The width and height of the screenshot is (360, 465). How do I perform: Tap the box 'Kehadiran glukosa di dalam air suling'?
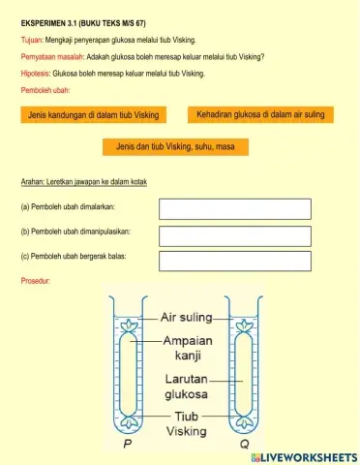(x=260, y=114)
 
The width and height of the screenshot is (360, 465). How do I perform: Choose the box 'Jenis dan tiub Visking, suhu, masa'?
(x=175, y=147)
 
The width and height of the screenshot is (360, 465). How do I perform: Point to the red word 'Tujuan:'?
(x=32, y=40)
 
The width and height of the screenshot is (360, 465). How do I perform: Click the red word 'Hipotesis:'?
(x=37, y=73)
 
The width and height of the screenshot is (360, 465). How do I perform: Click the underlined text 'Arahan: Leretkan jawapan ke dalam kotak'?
(x=83, y=181)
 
